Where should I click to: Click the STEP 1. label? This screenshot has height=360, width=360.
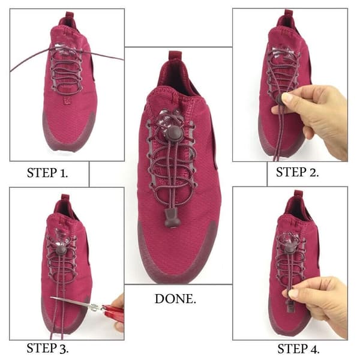(47, 173)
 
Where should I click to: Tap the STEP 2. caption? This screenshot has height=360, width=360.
(298, 172)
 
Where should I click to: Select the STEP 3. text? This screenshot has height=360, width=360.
(47, 348)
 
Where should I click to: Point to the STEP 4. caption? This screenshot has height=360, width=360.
(298, 349)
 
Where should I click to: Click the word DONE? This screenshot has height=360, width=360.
(175, 299)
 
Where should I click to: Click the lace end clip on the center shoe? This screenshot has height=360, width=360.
(170, 218)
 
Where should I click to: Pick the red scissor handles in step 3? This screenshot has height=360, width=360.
(113, 310)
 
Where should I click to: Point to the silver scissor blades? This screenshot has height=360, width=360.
(73, 302)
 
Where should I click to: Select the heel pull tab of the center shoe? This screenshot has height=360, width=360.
(175, 56)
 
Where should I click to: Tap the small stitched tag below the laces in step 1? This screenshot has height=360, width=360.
(67, 100)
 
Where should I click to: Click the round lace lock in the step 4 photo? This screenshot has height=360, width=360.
(290, 248)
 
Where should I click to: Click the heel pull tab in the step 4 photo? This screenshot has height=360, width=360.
(298, 194)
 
